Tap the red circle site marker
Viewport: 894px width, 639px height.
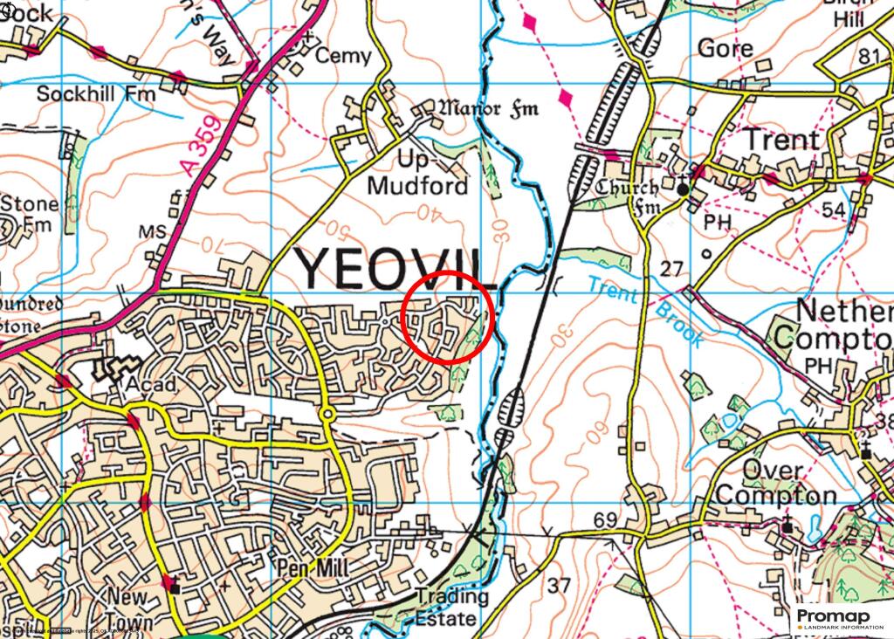449,316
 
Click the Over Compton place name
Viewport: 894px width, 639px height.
776,483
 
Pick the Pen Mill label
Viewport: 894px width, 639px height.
312,568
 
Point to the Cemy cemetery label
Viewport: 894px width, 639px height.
343,56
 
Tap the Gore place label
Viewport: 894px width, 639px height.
726,48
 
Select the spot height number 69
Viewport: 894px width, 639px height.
605,521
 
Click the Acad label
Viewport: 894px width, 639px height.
150,386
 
